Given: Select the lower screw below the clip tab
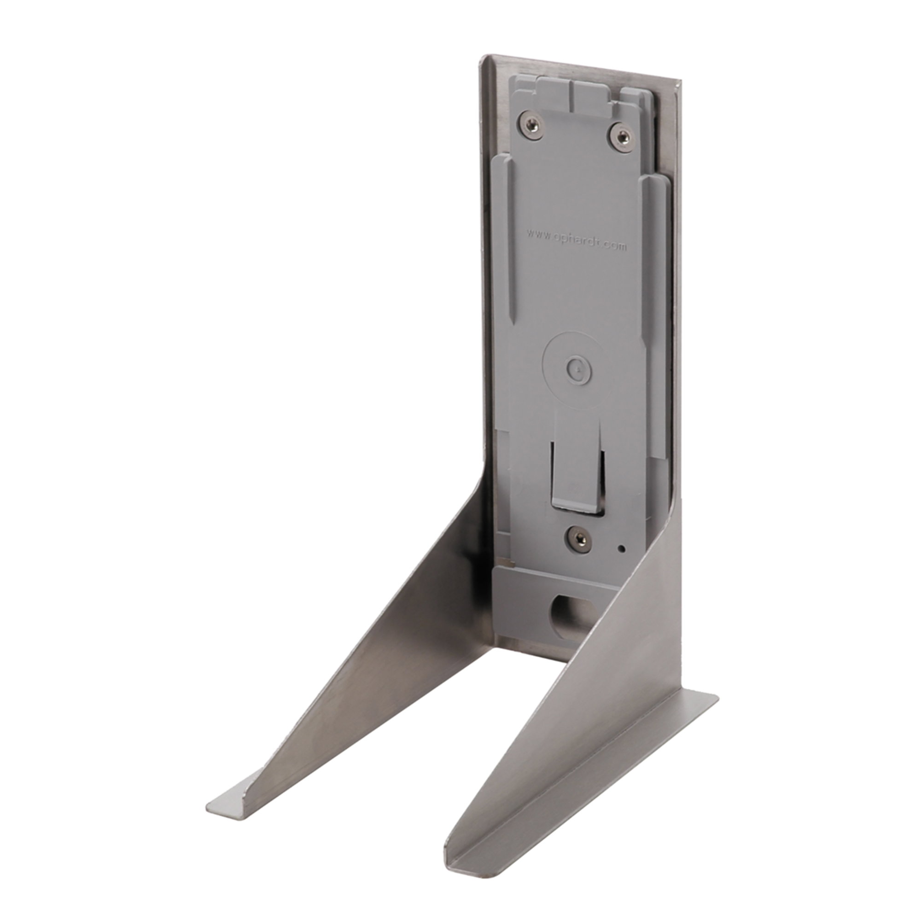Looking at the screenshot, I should [x=578, y=539].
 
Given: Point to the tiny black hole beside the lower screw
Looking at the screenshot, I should [x=621, y=549].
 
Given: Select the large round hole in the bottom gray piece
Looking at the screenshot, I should [x=567, y=615].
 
